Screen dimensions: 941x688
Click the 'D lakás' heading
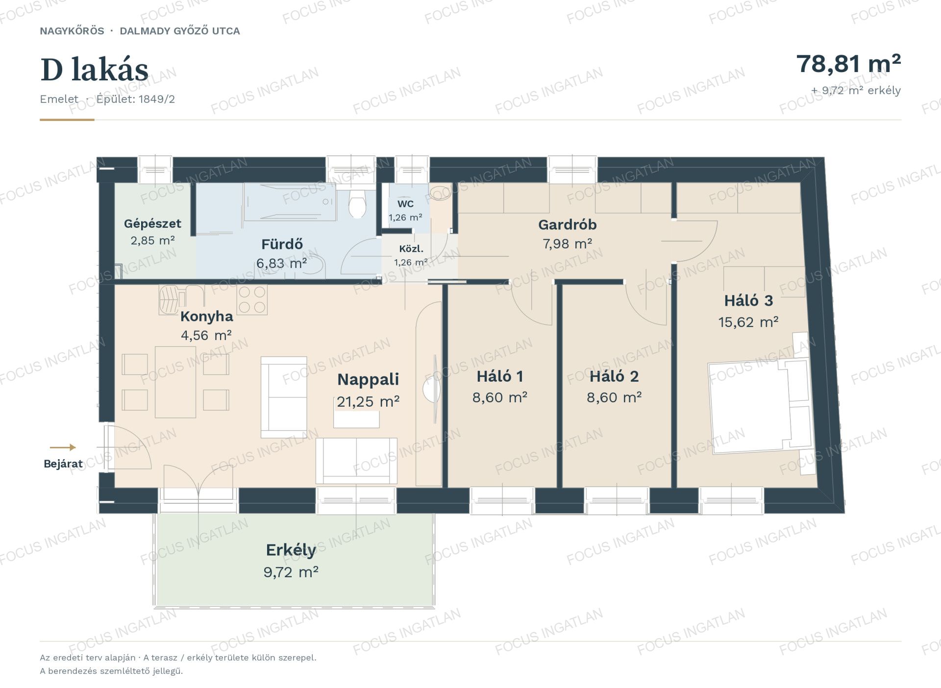[x=94, y=70]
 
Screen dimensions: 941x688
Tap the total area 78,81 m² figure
[x=848, y=64]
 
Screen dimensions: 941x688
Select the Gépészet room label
[x=152, y=223]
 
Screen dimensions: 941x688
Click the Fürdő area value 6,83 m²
[x=282, y=263]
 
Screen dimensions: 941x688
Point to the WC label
[x=405, y=204]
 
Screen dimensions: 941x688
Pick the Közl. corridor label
[x=411, y=248]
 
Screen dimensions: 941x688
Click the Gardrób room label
[x=568, y=224]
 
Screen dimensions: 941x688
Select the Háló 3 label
[x=748, y=300]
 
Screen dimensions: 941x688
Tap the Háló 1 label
[x=500, y=376]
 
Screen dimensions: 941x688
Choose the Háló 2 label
[x=614, y=376]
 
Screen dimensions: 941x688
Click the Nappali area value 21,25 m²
[x=368, y=402]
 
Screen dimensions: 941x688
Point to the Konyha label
[x=206, y=316]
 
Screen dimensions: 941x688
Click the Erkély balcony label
[x=291, y=550]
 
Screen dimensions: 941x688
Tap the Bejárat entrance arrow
[x=63, y=447]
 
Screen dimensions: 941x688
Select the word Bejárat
[x=63, y=464]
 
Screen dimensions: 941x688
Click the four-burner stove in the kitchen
[x=252, y=300]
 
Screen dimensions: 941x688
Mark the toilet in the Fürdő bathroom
[x=357, y=204]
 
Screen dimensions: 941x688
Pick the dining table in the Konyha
[x=175, y=382]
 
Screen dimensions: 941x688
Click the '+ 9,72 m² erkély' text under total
[x=856, y=91]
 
